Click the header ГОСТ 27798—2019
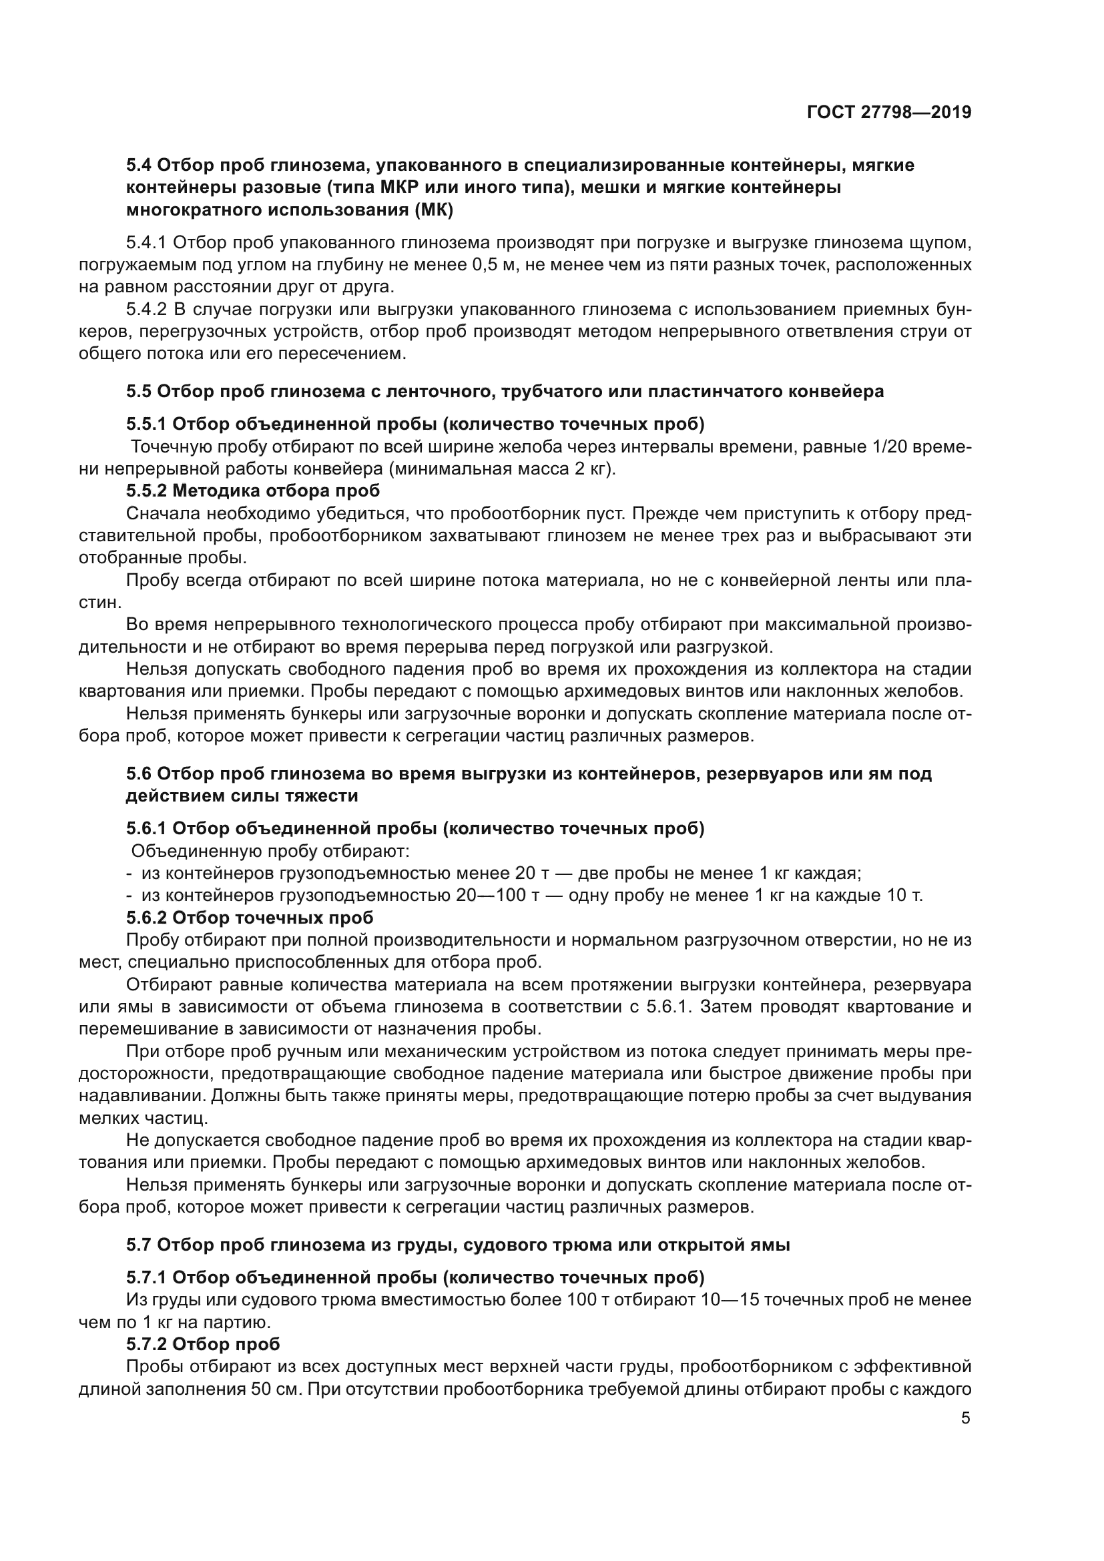click(888, 112)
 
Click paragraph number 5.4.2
click(146, 310)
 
